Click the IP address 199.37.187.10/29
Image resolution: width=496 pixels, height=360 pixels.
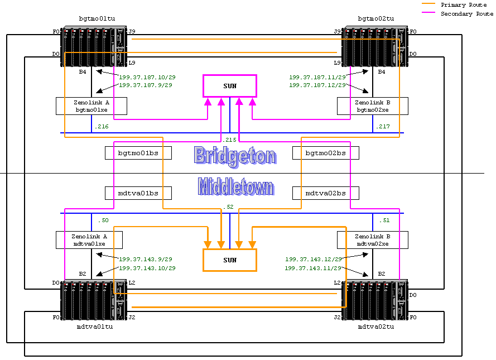[x=147, y=77]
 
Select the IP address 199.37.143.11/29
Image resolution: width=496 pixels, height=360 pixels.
[x=313, y=268]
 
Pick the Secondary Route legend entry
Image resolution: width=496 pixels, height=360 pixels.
[x=458, y=13]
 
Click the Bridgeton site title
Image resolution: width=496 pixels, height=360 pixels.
[x=235, y=156]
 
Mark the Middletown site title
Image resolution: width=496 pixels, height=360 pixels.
[x=235, y=186]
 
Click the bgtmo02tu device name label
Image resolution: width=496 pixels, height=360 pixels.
[x=376, y=18]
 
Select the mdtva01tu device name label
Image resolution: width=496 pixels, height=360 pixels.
[x=95, y=327]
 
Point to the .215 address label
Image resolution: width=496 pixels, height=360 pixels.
[x=229, y=140]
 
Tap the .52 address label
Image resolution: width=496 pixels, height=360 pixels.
[x=228, y=207]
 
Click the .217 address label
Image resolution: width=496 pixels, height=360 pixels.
[x=382, y=127]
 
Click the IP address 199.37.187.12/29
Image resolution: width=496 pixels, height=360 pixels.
[x=317, y=85]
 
